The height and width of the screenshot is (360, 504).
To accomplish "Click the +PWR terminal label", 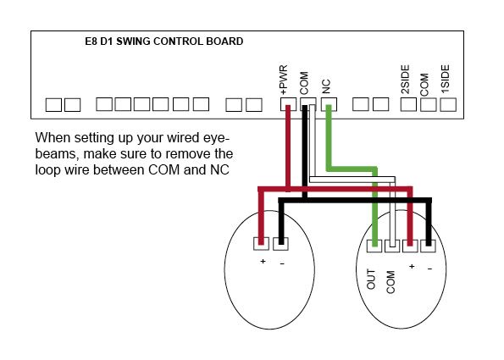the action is coord(284,80).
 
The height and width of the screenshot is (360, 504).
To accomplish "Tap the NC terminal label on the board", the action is coord(326,86).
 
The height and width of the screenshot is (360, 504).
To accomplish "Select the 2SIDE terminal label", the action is coord(406,80).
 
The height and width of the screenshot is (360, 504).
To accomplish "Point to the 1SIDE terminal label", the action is coord(446,79).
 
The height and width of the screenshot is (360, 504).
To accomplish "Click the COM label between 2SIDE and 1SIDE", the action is coord(424,85).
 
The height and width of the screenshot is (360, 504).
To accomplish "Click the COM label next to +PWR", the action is coord(304,83).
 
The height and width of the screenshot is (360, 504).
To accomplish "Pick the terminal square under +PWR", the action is coord(288,104).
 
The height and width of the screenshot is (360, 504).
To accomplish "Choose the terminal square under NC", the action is coord(329,104).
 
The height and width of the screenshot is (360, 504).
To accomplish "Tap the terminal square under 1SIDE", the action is coord(448,104).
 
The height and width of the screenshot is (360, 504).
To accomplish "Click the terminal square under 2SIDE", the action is coord(408,104).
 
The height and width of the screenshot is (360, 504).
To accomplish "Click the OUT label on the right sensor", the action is coord(371,280).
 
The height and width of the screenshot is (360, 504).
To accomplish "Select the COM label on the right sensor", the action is coord(390,282).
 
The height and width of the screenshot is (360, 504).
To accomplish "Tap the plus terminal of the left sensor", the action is coord(261,244).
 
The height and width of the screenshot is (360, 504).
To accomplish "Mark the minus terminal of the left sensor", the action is coord(280,244).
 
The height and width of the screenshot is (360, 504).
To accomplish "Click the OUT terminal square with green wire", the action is coord(374,246).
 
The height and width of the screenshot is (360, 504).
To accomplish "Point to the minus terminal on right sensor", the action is coord(428,246).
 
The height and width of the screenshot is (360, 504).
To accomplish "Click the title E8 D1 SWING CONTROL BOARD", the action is coord(164,42).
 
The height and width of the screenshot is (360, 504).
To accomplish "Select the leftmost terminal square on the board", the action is coord(53,105).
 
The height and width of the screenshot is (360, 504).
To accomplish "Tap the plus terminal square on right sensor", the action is coord(410,246).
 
